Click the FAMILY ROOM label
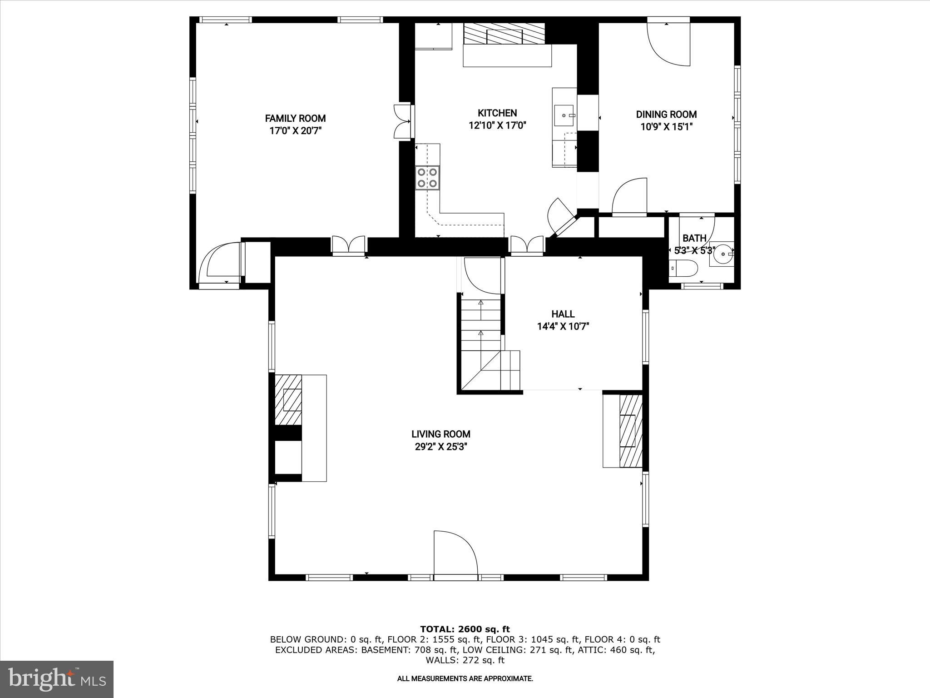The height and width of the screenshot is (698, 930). (295, 119)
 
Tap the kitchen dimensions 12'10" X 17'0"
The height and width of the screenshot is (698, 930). (497, 125)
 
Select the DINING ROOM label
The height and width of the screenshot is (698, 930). (666, 115)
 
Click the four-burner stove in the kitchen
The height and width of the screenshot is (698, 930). (427, 178)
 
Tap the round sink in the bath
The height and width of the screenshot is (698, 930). (721, 254)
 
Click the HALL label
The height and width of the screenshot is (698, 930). (563, 314)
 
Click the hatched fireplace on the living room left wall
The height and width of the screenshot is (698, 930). (288, 400)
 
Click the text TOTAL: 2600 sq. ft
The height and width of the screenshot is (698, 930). (465, 629)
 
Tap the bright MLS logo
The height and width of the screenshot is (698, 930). (57, 679)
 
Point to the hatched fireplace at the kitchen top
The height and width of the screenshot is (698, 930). (504, 34)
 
